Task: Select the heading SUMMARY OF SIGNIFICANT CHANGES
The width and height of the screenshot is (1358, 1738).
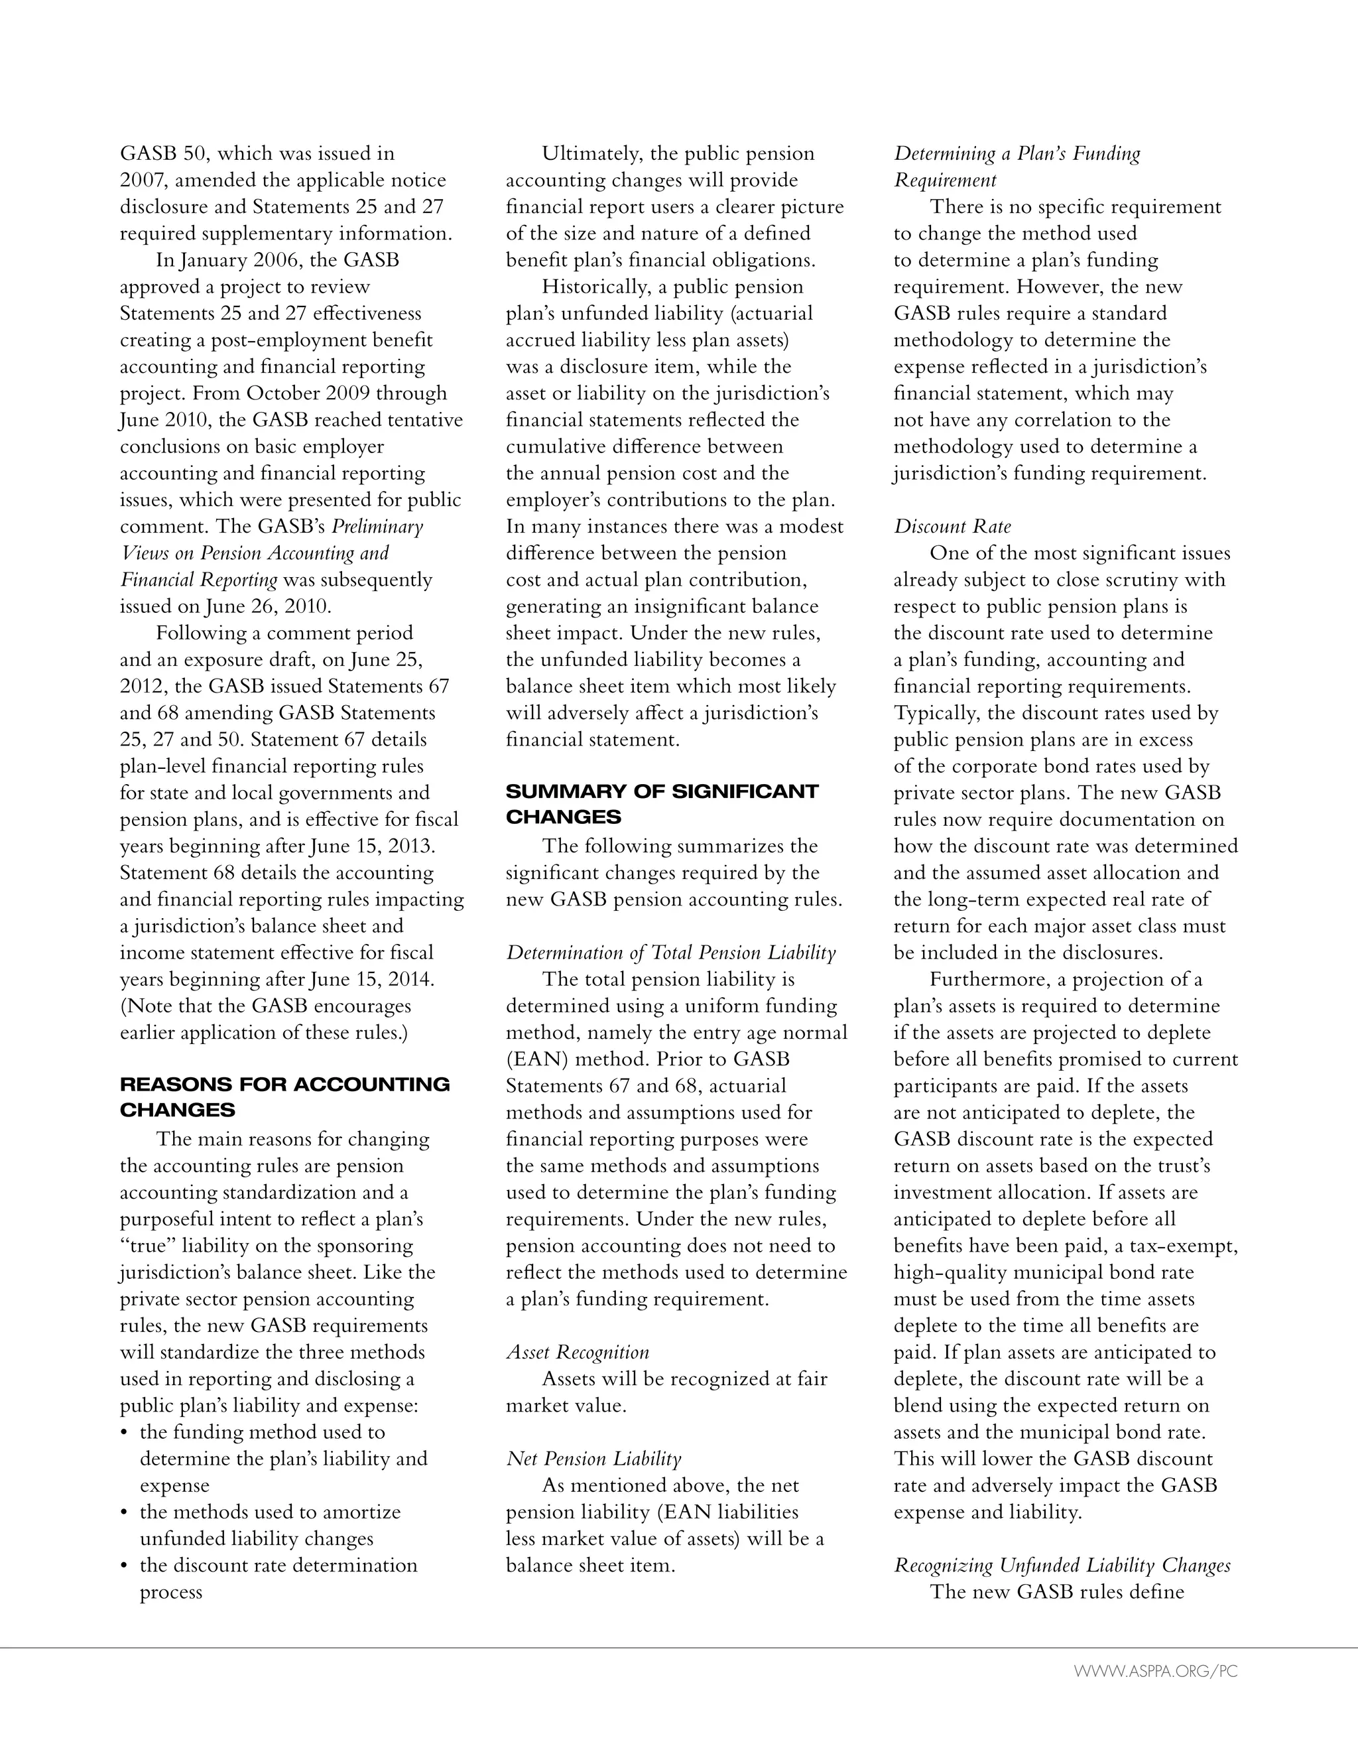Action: (x=662, y=804)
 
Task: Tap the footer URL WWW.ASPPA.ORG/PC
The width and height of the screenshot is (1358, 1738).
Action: (x=1155, y=1671)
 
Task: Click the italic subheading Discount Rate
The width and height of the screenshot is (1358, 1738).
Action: (x=952, y=527)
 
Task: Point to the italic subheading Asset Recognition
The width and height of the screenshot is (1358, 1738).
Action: (x=578, y=1352)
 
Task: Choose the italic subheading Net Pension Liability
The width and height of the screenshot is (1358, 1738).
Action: (x=593, y=1459)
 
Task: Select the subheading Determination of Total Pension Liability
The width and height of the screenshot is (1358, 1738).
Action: (x=670, y=953)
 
